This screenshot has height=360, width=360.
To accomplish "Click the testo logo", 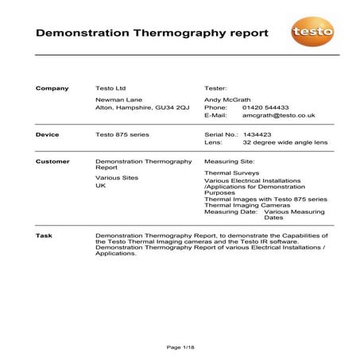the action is coord(312,32).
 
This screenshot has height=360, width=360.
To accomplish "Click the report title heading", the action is coord(153,33).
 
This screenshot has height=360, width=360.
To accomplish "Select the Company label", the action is coord(52,88).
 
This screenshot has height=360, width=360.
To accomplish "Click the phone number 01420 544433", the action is coord(265,106).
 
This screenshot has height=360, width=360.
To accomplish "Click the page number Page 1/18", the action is coord(180,347).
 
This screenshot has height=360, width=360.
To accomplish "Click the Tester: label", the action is coord(216,88).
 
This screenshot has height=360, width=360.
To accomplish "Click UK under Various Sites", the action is coord(100,186).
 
